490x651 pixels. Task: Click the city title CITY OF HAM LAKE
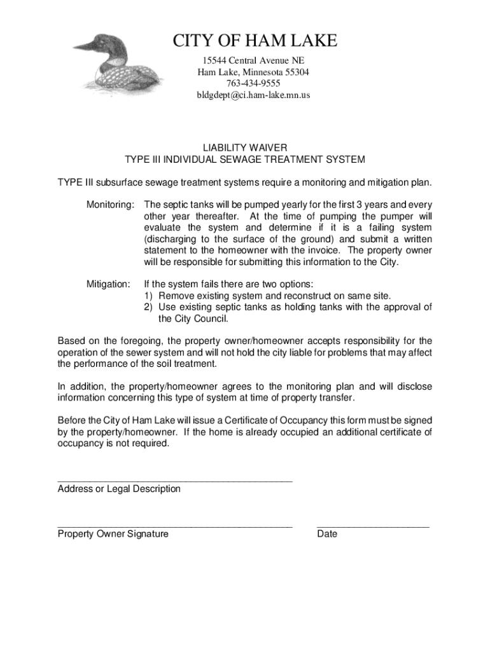pyautogui.click(x=255, y=42)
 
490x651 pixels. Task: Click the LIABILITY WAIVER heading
pyautogui.click(x=245, y=147)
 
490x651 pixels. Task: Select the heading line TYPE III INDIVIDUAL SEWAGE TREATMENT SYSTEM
pyautogui.click(x=245, y=159)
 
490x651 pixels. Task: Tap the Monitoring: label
pyautogui.click(x=110, y=205)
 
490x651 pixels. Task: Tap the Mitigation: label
pyautogui.click(x=109, y=284)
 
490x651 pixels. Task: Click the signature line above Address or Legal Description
pyautogui.click(x=175, y=481)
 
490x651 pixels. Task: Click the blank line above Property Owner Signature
pyautogui.click(x=175, y=526)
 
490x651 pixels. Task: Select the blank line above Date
pyautogui.click(x=373, y=526)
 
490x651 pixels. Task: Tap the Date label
pyautogui.click(x=327, y=534)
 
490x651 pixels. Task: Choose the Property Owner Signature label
pyautogui.click(x=113, y=534)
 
